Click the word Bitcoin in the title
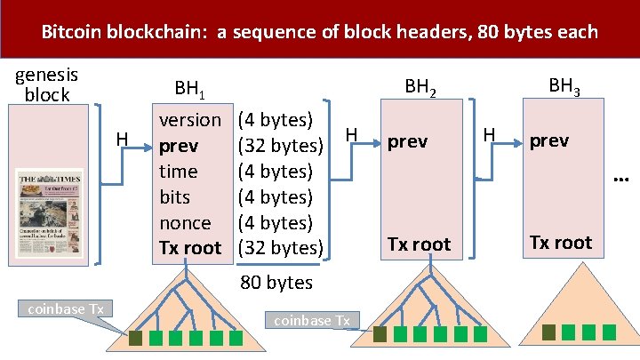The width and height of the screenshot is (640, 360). pos(71,33)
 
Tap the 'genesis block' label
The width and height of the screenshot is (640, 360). pos(47,84)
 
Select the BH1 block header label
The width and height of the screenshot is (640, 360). pos(190,89)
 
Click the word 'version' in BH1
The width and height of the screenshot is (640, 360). pos(189,119)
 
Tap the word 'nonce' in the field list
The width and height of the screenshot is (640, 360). pos(185,222)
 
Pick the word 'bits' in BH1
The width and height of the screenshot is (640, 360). pos(175,196)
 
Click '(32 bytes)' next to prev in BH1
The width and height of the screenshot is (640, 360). pos(284,145)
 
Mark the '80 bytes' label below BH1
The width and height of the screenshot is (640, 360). pos(276,283)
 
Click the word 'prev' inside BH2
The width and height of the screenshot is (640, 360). pos(408,141)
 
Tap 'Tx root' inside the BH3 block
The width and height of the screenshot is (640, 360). pos(560,243)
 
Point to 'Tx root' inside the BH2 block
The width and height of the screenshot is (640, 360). pos(418,244)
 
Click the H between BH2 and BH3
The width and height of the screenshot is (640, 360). pos(488,134)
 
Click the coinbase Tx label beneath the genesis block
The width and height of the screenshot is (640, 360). pos(66,308)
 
